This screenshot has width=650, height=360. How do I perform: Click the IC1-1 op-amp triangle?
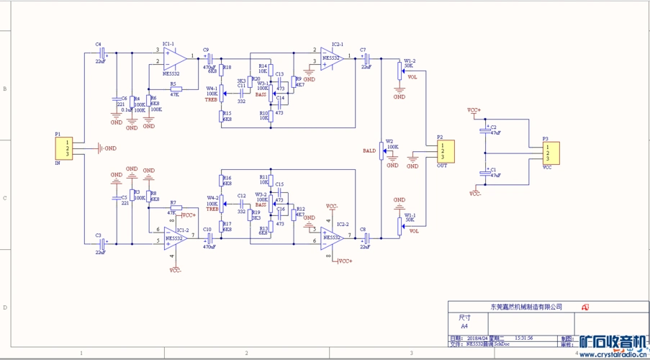(174, 57)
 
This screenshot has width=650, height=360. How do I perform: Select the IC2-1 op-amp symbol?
(332, 58)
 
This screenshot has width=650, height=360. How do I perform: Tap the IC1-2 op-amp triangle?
(176, 236)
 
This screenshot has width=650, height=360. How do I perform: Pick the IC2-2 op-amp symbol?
(332, 236)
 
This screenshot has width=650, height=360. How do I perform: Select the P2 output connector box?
(443, 152)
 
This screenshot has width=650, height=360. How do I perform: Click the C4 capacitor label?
(98, 44)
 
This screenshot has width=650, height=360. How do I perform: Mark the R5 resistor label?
(173, 84)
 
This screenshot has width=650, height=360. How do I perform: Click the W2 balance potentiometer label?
(389, 141)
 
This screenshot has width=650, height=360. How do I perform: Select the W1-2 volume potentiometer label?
(409, 60)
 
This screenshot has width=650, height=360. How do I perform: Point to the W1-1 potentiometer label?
(409, 215)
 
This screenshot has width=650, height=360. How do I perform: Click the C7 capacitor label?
(363, 48)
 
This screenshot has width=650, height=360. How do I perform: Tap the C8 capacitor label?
(363, 229)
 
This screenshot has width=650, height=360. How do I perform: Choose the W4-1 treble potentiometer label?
(212, 88)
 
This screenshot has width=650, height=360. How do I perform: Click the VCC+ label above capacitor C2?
(474, 110)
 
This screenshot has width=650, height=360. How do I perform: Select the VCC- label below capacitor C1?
(475, 194)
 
